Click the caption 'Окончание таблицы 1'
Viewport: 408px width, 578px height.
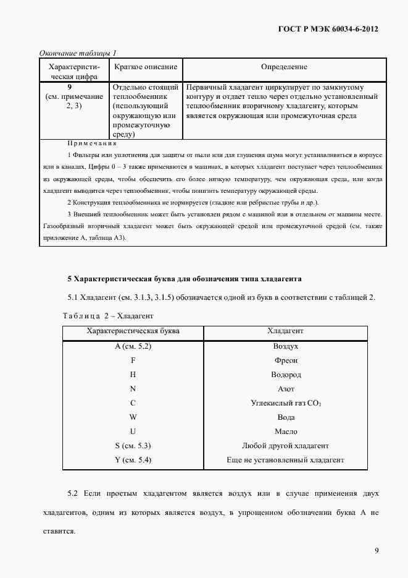pos(78,53)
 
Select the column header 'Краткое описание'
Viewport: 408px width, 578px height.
pos(146,67)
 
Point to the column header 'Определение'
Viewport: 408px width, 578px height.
pos(284,67)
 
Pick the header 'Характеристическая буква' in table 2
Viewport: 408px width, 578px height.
pos(133,331)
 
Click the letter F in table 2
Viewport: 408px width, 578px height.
pos(133,360)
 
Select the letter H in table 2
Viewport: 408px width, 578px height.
pos(133,375)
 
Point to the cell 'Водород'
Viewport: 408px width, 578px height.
pos(286,375)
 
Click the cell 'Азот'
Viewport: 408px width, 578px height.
pos(286,389)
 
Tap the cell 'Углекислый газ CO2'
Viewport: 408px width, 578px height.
pos(286,403)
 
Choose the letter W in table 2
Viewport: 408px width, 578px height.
pos(133,417)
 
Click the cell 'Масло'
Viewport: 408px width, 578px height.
pos(286,431)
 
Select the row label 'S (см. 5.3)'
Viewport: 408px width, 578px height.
pos(133,446)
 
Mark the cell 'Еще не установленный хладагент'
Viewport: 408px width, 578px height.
pos(286,460)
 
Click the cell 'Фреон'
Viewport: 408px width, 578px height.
pos(286,360)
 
